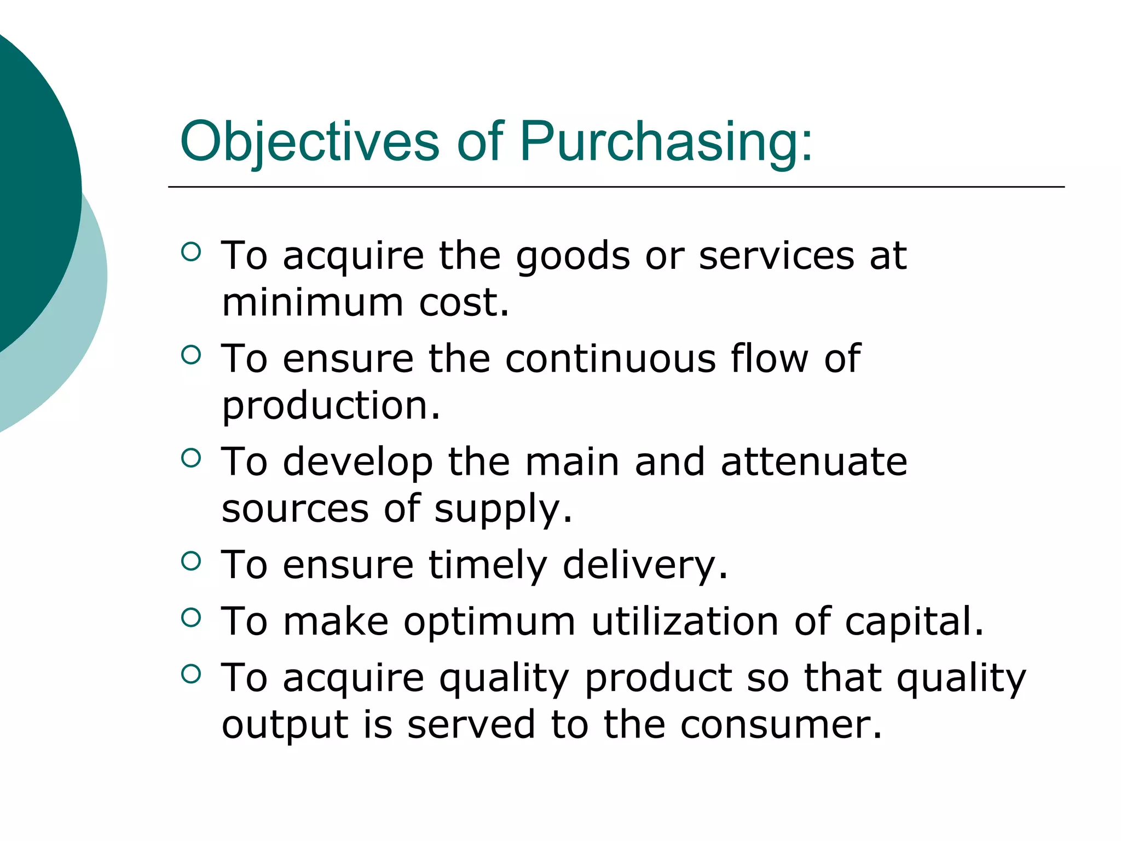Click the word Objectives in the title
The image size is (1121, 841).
[309, 142]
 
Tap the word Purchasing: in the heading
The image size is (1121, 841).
[666, 142]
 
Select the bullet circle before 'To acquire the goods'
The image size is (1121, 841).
[190, 252]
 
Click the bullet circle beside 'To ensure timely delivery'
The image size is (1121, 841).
[190, 561]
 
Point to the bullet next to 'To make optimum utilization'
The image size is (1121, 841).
[190, 618]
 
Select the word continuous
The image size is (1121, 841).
[610, 359]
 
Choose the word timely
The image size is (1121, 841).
[488, 565]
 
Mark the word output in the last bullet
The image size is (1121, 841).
[285, 725]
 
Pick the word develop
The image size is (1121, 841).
[358, 463]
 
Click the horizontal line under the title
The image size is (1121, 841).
[616, 187]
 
